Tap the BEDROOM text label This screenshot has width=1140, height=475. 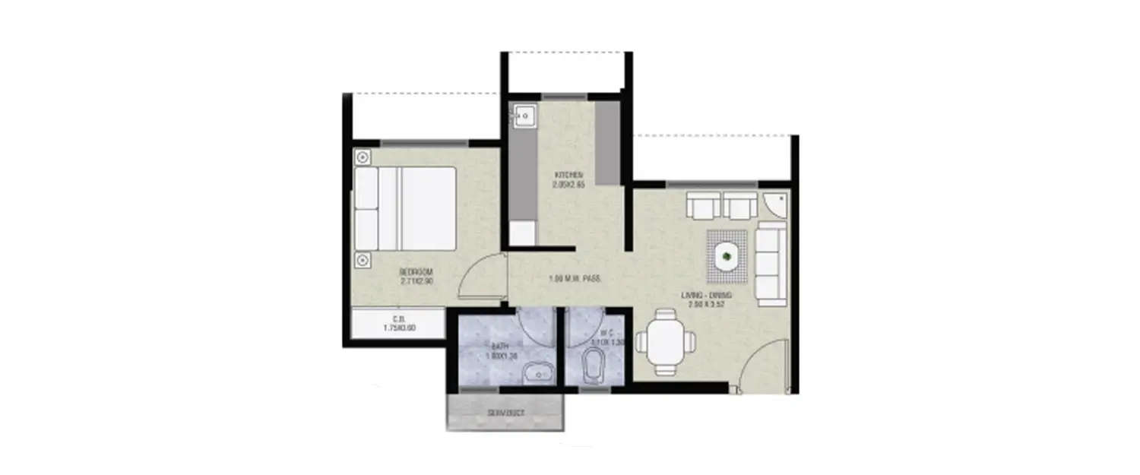click(416, 271)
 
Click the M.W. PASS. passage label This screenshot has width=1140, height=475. click(575, 279)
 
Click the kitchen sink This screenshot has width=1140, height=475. click(524, 116)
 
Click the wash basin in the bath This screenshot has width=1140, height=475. click(539, 373)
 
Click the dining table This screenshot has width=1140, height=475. click(666, 341)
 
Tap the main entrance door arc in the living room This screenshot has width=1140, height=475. click(762, 365)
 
